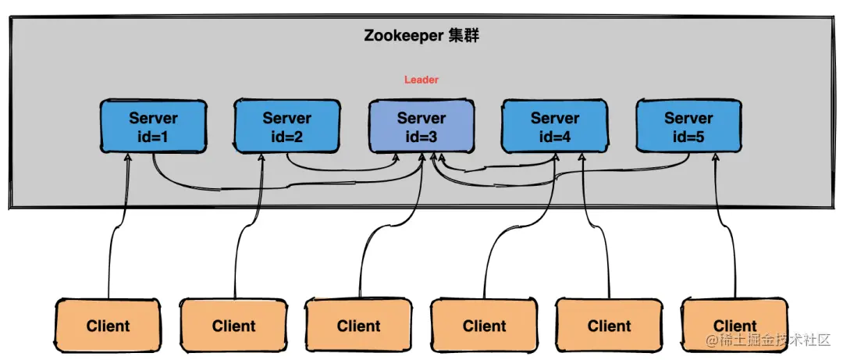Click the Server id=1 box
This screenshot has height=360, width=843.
[x=153, y=127]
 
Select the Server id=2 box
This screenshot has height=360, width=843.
[x=286, y=127]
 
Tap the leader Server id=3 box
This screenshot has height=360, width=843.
[x=421, y=127]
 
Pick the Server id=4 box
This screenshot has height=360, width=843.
[x=554, y=127]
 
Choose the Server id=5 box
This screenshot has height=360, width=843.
[x=688, y=127]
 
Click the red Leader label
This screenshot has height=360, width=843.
[x=421, y=80]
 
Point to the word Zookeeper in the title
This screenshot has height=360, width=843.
[x=403, y=37]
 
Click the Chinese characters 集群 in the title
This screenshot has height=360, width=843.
[x=464, y=37]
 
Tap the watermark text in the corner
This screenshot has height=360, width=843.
[x=768, y=341]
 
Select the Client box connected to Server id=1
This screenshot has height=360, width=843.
[x=108, y=326]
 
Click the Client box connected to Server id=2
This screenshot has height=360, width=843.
[x=233, y=326]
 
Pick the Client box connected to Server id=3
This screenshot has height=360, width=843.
[x=358, y=326]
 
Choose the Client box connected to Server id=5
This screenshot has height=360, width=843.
[x=735, y=326]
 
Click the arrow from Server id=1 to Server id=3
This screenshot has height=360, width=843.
[x=234, y=187]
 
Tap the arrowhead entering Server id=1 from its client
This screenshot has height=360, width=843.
[x=127, y=157]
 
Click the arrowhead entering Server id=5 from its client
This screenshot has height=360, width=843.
[x=715, y=157]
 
